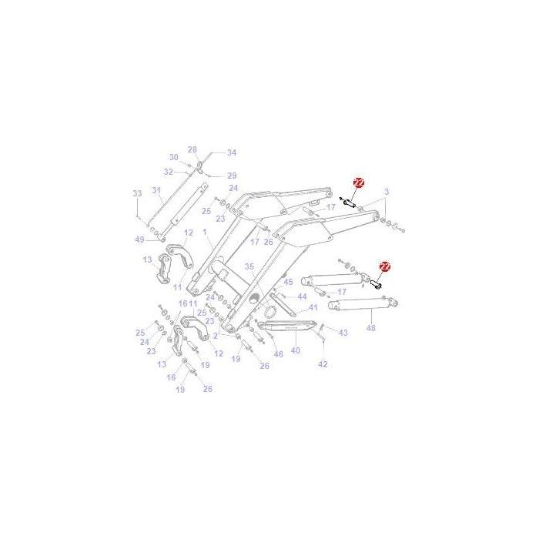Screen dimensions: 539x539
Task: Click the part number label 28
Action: pos(192,149)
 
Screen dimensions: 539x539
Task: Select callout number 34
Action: pos(232,152)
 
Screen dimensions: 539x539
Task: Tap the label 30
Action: pos(174,157)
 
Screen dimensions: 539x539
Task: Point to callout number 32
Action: pos(169,172)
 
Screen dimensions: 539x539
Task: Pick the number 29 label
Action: pos(232,176)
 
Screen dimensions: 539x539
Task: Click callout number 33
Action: pos(138,192)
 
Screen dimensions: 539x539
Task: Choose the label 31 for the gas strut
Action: pos(156,190)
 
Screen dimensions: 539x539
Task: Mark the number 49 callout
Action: pos(139,239)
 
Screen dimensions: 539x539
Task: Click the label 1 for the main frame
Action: pos(206,232)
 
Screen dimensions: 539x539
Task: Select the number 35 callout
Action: pos(249,266)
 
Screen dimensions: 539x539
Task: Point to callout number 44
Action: pos(302,296)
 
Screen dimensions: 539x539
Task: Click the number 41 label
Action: pos(313,308)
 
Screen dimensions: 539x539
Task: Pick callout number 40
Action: pos(296,350)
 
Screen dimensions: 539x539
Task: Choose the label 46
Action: pos(278,354)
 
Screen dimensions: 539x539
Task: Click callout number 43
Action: pos(343,333)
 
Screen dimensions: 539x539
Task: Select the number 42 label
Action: pos(323,363)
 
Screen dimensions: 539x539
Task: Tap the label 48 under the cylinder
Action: pos(370,329)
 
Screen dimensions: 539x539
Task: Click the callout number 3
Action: pos(387,191)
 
